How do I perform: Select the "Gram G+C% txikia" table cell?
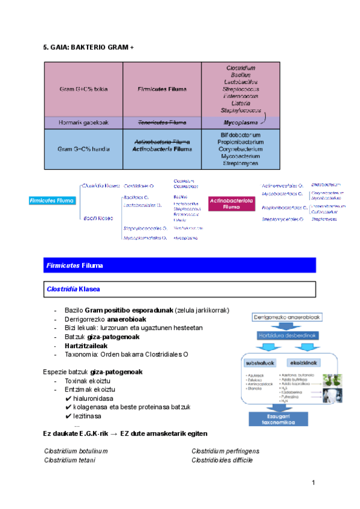pyautogui.click(x=83, y=89)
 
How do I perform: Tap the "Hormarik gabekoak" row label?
pyautogui.click(x=83, y=122)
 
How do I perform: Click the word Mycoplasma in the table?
pyautogui.click(x=241, y=122)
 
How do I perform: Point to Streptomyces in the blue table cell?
pyautogui.click(x=241, y=163)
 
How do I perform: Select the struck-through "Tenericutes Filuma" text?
pyautogui.click(x=161, y=122)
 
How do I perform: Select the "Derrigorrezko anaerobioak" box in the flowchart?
pyautogui.click(x=283, y=316)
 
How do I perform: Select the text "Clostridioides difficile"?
pyautogui.click(x=222, y=460)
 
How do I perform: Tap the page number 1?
pyautogui.click(x=313, y=483)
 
